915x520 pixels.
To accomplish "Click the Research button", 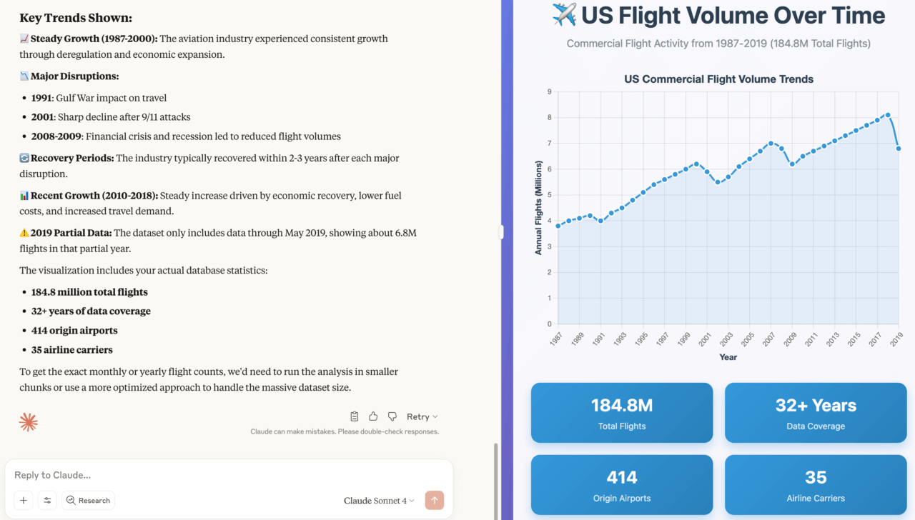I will click(x=88, y=501).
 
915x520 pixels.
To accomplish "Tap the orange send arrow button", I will click(x=434, y=500).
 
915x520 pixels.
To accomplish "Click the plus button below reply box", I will click(x=24, y=501).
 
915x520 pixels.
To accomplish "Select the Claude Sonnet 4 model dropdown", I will click(x=379, y=501).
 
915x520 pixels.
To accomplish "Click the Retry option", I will click(x=422, y=416).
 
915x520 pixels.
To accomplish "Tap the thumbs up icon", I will click(x=373, y=416).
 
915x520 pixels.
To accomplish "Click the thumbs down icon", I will click(x=392, y=416).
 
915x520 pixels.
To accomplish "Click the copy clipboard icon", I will click(x=355, y=416).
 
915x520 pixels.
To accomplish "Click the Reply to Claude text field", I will click(x=214, y=475).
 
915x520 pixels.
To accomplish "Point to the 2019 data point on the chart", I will click(x=899, y=149).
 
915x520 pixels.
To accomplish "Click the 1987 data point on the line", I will click(x=558, y=226).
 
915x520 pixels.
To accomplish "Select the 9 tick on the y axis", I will click(x=549, y=91).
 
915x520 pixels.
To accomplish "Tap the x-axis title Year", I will click(x=728, y=357).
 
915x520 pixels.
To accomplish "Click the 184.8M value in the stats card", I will click(x=622, y=406).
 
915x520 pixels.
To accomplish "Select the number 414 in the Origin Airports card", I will click(x=622, y=477).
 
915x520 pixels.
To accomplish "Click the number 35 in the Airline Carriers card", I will click(x=816, y=477).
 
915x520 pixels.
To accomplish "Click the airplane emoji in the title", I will click(x=565, y=15).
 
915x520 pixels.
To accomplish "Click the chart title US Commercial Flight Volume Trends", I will click(x=718, y=79).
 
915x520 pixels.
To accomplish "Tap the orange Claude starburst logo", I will click(x=29, y=422).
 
